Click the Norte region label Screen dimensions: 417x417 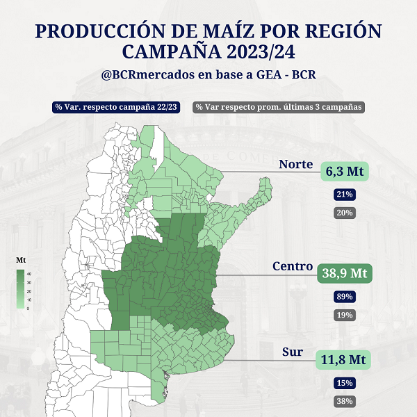[295, 165]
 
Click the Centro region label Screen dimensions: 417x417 [291, 266]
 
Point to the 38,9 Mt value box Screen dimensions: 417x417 [344, 273]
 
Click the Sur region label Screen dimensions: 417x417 [293, 352]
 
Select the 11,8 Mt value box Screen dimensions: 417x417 [344, 360]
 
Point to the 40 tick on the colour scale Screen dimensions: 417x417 [28, 274]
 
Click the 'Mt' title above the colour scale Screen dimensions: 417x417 [21, 260]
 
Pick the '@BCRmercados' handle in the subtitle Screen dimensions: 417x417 [143, 74]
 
